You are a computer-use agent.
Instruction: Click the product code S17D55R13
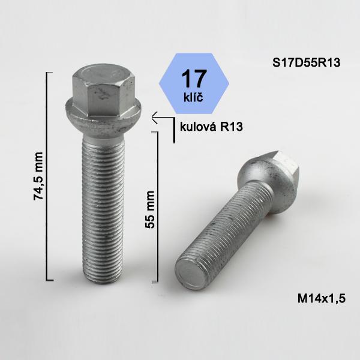coord(306,62)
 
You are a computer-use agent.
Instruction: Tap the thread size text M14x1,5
coord(322,299)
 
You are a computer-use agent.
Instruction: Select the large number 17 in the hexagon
coord(194,79)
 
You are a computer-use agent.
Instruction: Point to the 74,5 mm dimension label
coord(38,176)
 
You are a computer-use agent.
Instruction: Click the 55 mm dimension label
coord(150,209)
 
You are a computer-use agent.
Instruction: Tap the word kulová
coord(199,127)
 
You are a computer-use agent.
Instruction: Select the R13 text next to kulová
coord(232,127)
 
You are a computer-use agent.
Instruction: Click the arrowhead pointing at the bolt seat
coord(154,118)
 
